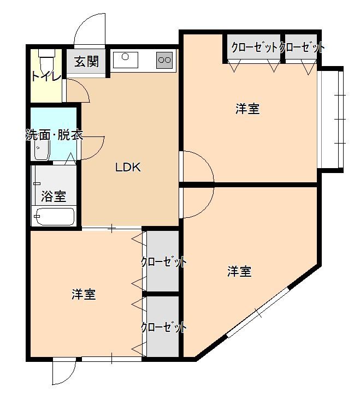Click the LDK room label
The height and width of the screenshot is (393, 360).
point(127,168)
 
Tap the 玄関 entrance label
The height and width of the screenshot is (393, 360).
point(86,61)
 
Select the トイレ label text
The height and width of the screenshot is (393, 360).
point(46,76)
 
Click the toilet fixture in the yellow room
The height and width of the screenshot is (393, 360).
point(48,56)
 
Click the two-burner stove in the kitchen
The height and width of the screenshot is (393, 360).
point(164,59)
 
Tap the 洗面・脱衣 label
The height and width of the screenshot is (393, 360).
point(54,135)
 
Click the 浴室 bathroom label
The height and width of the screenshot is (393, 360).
point(54,196)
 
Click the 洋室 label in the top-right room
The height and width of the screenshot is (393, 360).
point(247,109)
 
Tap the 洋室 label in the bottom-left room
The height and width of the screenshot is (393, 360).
point(84,294)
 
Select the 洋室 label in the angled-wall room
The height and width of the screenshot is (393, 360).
point(239,271)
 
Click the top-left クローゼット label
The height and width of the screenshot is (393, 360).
point(254,47)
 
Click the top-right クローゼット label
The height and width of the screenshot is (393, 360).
point(302,47)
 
